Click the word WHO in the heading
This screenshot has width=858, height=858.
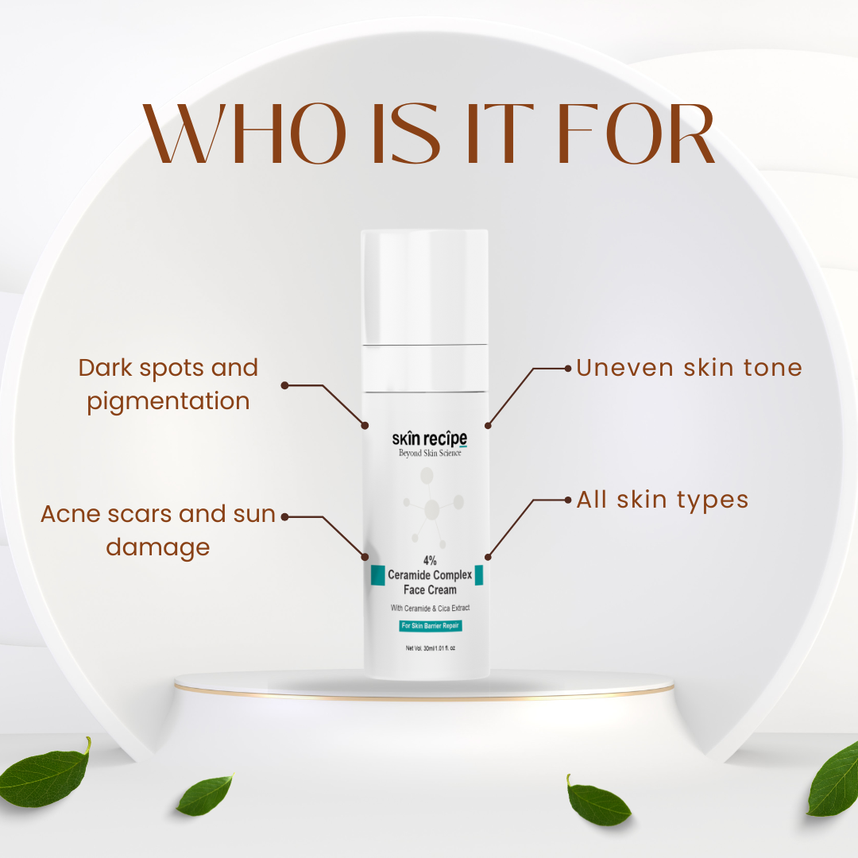tap(244, 133)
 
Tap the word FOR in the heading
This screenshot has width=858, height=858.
tap(636, 133)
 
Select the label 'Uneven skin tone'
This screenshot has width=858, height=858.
tap(689, 368)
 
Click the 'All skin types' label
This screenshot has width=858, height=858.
tap(662, 500)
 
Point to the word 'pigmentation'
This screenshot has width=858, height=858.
tap(168, 402)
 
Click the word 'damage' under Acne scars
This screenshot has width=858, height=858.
tap(157, 547)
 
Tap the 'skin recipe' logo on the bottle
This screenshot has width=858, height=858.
tap(430, 439)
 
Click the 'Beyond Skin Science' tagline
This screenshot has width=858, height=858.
tap(430, 453)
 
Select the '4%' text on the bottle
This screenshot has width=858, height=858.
tap(430, 560)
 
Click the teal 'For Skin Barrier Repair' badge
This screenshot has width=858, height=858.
tap(430, 625)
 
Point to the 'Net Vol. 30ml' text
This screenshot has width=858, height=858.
tap(430, 648)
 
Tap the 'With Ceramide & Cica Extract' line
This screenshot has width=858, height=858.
tap(430, 608)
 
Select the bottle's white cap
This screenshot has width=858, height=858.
tap(424, 288)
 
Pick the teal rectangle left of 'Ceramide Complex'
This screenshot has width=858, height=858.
tap(378, 575)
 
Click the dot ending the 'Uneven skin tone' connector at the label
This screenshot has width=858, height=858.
tap(568, 369)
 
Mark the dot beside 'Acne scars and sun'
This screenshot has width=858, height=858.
tap(284, 516)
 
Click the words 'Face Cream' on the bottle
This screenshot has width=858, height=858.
tap(430, 589)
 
